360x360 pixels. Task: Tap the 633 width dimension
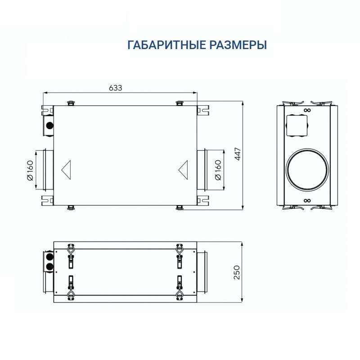pos(116,88)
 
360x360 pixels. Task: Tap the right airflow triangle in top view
pos(184,169)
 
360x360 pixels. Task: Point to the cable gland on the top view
pos(49,124)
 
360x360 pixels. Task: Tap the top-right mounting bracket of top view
pos(203,109)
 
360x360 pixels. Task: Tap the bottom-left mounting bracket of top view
pos(47,199)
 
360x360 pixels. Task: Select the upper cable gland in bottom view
pos(48,257)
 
